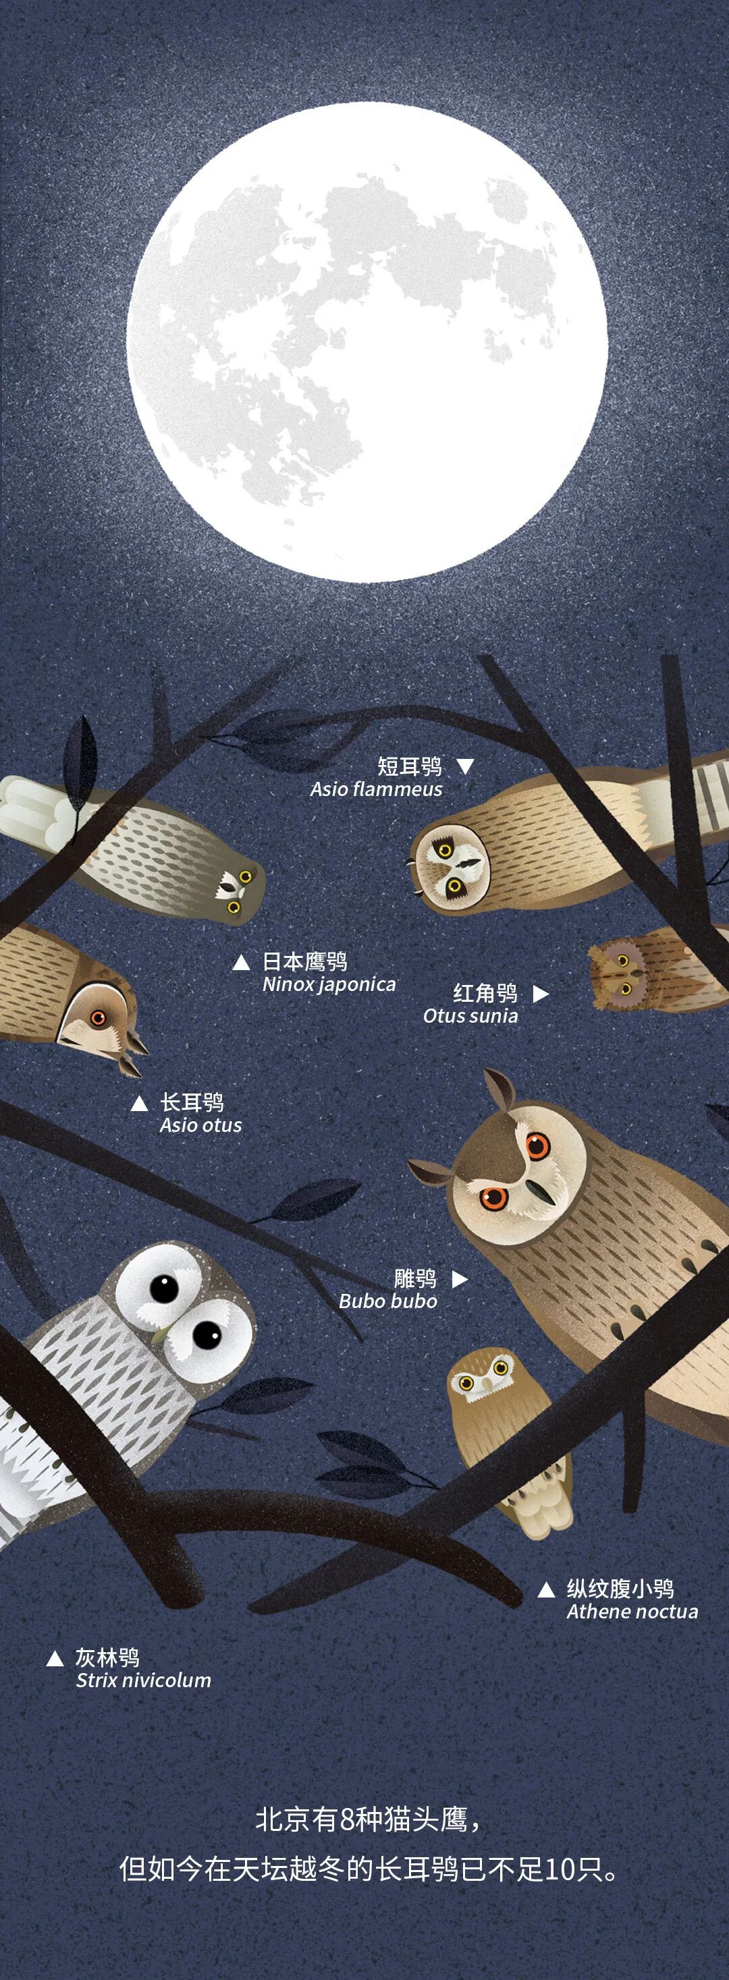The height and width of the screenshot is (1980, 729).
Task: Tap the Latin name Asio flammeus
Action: [x=376, y=789]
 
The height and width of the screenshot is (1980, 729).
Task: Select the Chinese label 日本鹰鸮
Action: [x=304, y=961]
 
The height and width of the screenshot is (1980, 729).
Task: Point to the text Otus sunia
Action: [x=470, y=1015]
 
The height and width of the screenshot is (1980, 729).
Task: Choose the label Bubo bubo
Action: [x=387, y=1301]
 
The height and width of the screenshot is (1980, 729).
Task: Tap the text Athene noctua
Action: [x=632, y=1611]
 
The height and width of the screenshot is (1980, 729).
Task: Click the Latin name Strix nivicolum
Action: [x=143, y=1680]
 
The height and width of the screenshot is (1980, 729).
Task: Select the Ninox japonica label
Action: [x=329, y=985]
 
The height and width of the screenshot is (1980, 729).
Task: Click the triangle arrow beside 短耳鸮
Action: [x=465, y=766]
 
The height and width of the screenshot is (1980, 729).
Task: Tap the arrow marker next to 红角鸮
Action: [x=541, y=993]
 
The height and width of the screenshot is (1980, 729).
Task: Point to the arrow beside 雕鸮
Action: [x=459, y=1279]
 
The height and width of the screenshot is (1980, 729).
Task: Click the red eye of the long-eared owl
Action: [x=98, y=1019]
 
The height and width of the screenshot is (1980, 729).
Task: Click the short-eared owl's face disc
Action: [x=449, y=868]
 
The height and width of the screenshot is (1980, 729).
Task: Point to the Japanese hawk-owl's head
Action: [x=237, y=890]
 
